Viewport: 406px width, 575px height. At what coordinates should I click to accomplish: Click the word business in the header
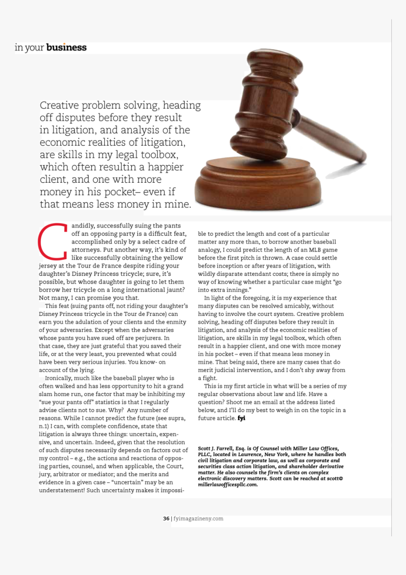pyautogui.click(x=67, y=47)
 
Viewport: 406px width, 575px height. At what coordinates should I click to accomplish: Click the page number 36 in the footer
pyautogui.click(x=166, y=518)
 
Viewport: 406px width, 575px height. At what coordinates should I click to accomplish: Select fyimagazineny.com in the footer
pyautogui.click(x=198, y=518)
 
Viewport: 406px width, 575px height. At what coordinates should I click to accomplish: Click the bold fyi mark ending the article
pyautogui.click(x=242, y=418)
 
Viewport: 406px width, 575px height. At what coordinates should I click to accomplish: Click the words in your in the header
pyautogui.click(x=30, y=47)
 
